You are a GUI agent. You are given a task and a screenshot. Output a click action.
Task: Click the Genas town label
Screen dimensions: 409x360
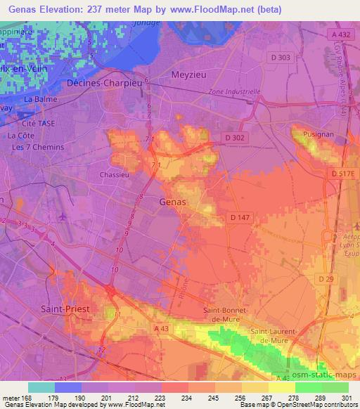(173, 202)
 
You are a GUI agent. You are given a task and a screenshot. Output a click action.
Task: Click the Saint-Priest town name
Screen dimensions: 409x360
(64, 307)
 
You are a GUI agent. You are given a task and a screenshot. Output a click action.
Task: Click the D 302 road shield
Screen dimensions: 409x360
(234, 138)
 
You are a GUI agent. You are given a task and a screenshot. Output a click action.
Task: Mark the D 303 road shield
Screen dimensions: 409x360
(281, 57)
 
